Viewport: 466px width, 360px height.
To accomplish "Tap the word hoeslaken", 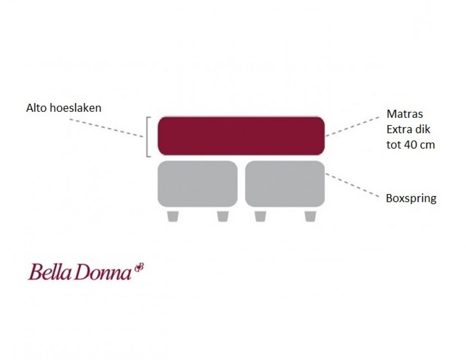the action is point(76,108).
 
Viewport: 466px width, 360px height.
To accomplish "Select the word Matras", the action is point(405,114).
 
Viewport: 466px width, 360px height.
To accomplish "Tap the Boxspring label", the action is point(411,199).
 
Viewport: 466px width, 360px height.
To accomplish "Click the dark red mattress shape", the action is point(241,136).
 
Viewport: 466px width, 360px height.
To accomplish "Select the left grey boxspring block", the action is point(197,184).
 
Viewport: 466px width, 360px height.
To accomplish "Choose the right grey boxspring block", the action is point(285,184).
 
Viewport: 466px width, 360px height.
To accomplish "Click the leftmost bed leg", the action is point(173,216).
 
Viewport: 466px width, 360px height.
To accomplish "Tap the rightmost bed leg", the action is point(310,216).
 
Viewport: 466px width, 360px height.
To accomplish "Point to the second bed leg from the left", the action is point(223,216).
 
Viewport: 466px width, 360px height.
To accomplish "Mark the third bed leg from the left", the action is point(260,216).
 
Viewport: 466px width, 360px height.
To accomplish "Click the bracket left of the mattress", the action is point(149,137).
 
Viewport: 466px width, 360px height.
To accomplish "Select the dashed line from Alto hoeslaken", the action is point(107,128).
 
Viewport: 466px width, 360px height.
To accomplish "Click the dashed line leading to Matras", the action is point(352,127).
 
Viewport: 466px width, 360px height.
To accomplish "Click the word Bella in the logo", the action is point(49,272).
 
